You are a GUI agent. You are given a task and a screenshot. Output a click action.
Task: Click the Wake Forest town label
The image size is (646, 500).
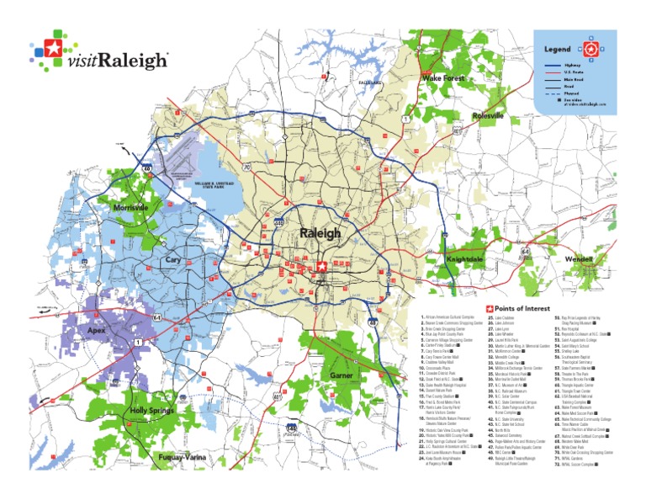click(442, 77)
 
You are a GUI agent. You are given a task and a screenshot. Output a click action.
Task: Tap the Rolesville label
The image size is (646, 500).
click(488, 115)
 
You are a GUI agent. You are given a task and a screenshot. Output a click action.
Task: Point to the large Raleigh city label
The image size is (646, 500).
click(320, 233)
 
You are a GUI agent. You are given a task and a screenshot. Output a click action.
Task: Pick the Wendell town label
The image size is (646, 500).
click(579, 258)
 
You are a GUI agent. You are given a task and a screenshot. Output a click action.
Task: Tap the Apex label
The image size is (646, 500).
click(98, 331)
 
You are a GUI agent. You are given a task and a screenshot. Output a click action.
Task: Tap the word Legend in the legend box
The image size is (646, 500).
click(559, 50)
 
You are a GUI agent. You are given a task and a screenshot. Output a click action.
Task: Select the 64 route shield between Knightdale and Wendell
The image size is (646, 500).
click(526, 252)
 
